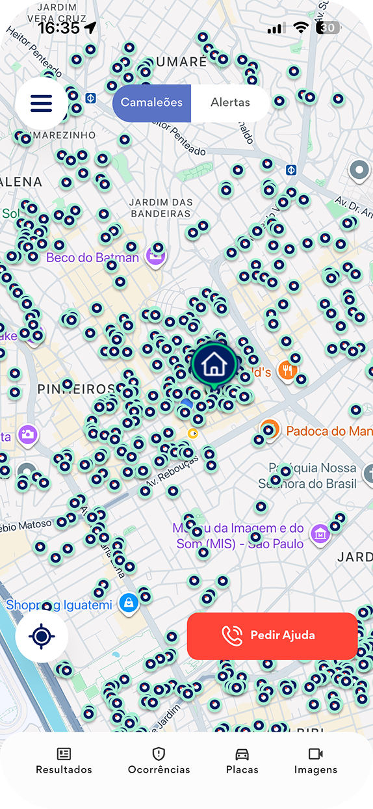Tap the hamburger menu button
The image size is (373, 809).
point(40,103)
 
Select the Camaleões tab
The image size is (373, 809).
point(152,103)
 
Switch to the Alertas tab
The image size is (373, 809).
point(230,103)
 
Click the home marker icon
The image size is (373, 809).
point(213,364)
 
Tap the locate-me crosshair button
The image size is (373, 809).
point(42,637)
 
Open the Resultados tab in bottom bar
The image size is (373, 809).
point(64,761)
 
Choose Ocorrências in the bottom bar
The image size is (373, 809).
point(159,761)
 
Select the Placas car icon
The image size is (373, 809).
point(242,754)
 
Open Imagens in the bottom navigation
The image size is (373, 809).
point(316,761)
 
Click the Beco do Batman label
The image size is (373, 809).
point(92,258)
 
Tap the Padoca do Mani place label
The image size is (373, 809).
point(329,431)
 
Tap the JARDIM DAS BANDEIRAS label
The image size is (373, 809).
point(161,207)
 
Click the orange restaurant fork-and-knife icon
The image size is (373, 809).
point(287,371)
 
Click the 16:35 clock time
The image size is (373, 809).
point(58,28)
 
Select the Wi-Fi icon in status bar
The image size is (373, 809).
point(301,27)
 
